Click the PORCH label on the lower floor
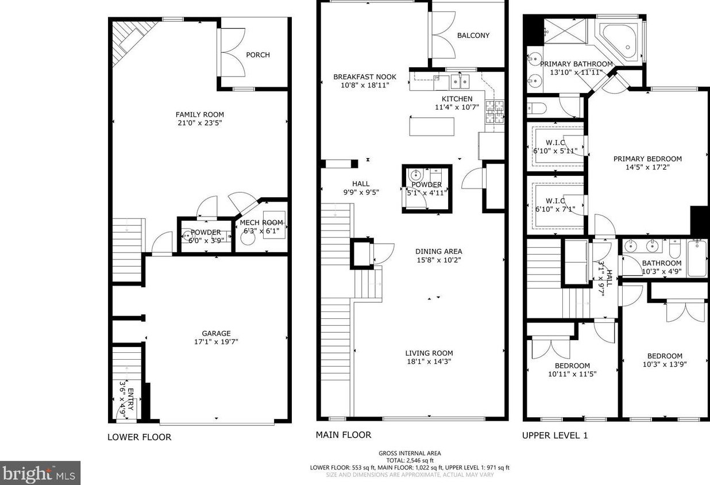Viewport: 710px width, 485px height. point(258,55)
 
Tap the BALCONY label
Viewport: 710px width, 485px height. point(473,36)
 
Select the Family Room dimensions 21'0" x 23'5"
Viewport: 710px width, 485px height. point(200,123)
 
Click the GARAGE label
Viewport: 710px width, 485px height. point(216,333)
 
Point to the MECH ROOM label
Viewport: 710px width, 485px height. point(261,222)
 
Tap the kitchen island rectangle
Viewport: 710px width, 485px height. point(432,126)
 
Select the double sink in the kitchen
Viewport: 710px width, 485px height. point(460,82)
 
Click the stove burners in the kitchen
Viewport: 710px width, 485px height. point(495,112)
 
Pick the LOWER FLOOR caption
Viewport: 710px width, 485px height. point(140,437)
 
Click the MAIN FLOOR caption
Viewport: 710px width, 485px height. point(344,435)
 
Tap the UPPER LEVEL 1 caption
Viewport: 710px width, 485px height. point(555,436)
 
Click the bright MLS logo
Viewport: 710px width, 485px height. point(40,473)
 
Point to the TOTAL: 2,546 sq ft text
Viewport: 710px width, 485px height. point(410,461)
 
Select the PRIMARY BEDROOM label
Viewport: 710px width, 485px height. point(647,159)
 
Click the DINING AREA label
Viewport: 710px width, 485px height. point(439,252)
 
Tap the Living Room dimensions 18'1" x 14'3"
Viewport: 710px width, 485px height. point(429,361)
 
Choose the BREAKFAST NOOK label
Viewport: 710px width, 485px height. point(365,77)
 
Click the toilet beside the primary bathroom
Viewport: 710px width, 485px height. point(537,109)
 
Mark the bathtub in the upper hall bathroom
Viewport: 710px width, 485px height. point(697,259)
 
